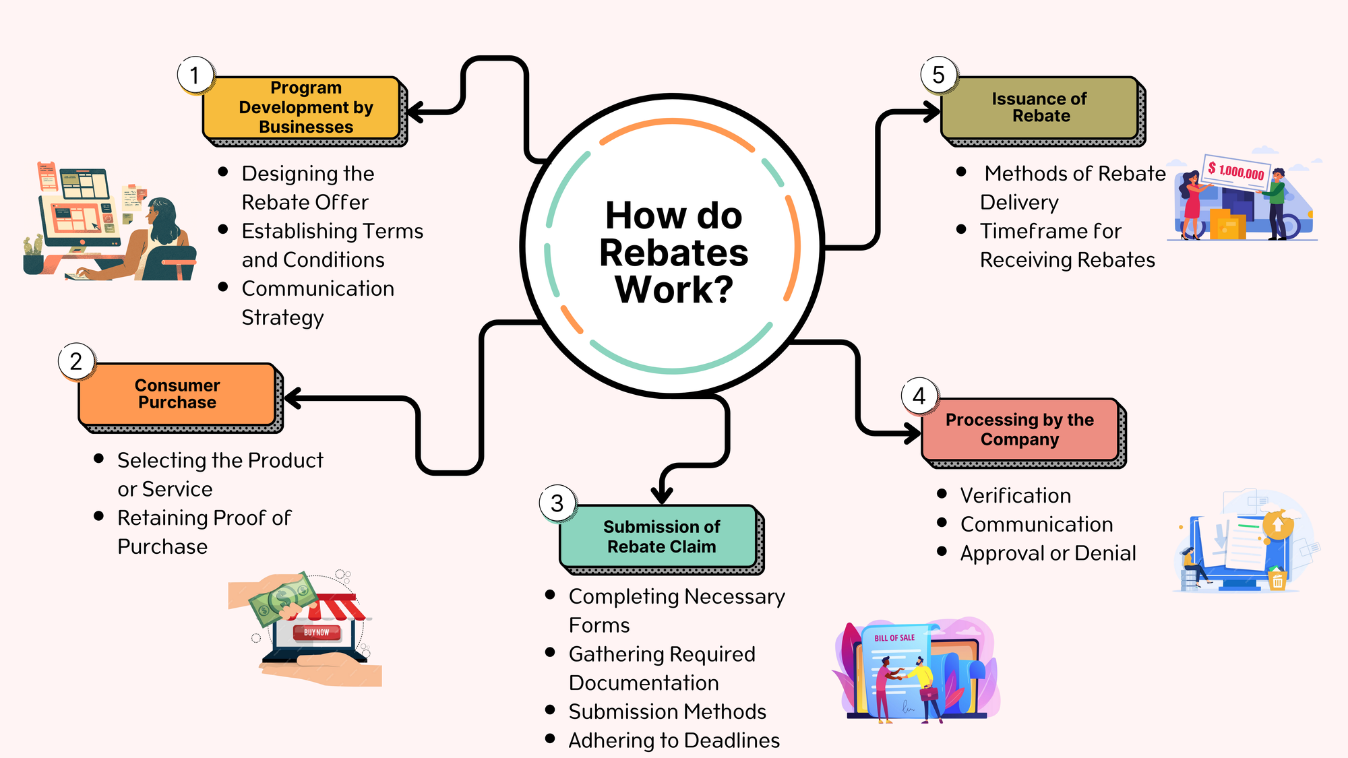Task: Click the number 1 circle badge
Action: tap(195, 75)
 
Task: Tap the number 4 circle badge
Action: tap(919, 396)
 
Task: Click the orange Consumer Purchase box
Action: tap(177, 394)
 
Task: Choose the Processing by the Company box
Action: tap(1020, 430)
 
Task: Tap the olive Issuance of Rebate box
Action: tap(1040, 108)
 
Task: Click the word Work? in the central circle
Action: tap(674, 290)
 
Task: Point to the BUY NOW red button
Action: tap(316, 633)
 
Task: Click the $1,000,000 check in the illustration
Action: tap(1237, 172)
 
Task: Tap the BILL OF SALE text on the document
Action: tap(894, 637)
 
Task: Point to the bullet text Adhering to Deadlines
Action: tap(674, 740)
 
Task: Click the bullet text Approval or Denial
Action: tap(1048, 553)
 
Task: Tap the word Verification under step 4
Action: tap(1016, 496)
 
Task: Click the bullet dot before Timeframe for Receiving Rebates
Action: tap(961, 230)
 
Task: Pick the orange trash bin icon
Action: tap(1277, 580)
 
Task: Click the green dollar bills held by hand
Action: tap(283, 597)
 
